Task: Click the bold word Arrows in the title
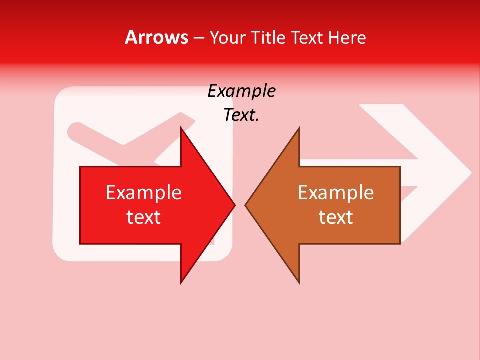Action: click(156, 37)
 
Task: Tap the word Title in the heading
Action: click(269, 37)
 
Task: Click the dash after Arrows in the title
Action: click(198, 38)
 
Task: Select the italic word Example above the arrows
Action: click(241, 91)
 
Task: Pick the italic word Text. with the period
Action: click(241, 115)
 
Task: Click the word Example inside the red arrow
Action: click(144, 192)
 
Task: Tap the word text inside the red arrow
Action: click(144, 217)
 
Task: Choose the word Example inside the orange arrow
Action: click(336, 192)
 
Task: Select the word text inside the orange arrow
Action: click(336, 217)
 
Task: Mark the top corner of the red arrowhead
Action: click(181, 128)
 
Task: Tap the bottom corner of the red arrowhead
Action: click(181, 282)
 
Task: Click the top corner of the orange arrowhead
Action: click(299, 128)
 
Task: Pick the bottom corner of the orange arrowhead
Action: click(299, 282)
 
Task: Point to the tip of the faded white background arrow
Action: click(471, 173)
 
